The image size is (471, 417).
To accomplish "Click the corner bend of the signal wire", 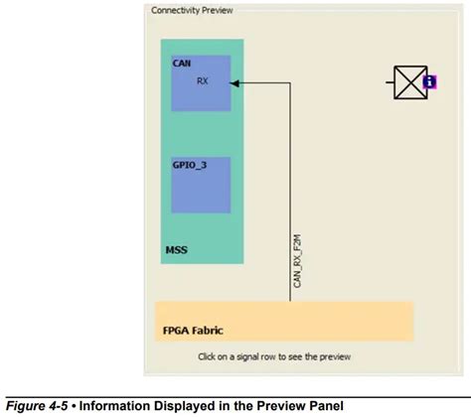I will click(x=289, y=83).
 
